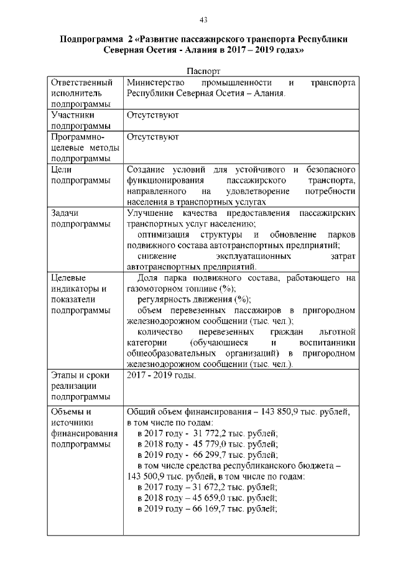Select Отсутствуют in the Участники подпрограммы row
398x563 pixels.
click(x=152, y=115)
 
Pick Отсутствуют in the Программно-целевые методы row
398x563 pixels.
click(x=152, y=137)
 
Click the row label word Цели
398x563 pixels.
click(x=63, y=169)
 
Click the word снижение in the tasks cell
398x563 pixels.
click(x=155, y=256)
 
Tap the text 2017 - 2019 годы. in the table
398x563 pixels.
click(x=161, y=375)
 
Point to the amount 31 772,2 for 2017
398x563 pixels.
click(x=195, y=434)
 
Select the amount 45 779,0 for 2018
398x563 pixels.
click(x=195, y=444)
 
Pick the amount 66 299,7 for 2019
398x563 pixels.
click(x=195, y=455)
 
